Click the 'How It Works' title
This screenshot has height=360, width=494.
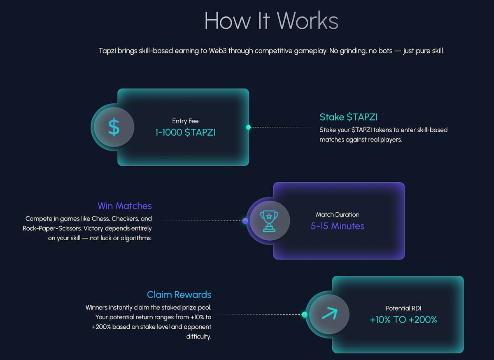point(271,21)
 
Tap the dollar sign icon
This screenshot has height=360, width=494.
point(114,127)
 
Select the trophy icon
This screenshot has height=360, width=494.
point(269,221)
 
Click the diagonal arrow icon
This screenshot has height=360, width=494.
point(330,313)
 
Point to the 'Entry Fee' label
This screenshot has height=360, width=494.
point(185,121)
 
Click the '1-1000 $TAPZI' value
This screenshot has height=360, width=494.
point(185,132)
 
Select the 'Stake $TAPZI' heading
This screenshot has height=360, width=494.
point(348,117)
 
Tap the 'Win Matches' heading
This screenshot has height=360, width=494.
point(125,206)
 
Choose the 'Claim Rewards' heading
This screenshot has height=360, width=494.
point(179,295)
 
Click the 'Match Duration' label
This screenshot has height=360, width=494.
point(338,214)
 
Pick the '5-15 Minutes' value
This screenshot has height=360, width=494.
point(338,226)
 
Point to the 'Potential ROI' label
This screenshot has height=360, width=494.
point(403,308)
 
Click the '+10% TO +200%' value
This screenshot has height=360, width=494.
point(403,320)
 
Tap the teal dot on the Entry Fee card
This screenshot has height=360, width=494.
point(248,127)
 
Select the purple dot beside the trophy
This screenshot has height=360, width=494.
point(245,221)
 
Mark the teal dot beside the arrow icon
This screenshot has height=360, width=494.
point(305,315)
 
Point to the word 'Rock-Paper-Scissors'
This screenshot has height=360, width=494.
point(52,228)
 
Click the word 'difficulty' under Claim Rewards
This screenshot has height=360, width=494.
point(199,337)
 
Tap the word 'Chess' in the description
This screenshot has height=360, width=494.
point(100,219)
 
